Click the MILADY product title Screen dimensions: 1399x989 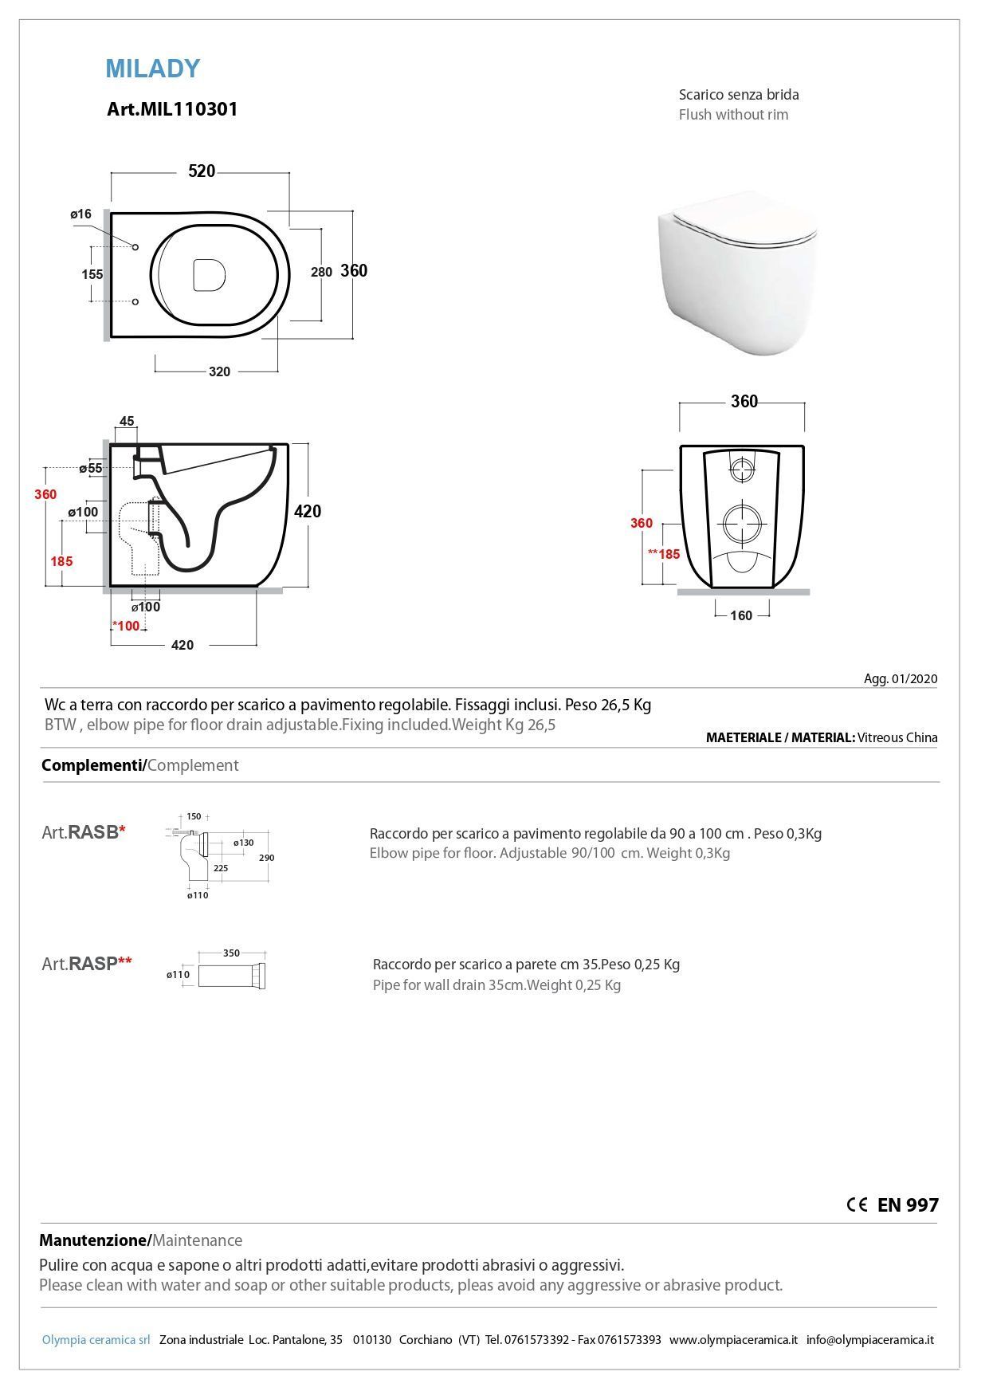pos(152,69)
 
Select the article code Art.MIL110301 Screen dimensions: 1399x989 pos(172,109)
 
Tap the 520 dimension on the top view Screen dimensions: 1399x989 pos(202,171)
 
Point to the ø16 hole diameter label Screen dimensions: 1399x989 pos(80,214)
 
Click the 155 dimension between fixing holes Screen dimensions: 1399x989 pos(92,274)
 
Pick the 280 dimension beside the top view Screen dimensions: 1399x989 pos(321,272)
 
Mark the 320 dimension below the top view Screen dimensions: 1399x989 pos(219,371)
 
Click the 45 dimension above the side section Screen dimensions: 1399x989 pos(127,421)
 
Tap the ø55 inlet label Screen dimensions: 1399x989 pos(91,468)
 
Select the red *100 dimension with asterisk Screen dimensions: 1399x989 pos(126,626)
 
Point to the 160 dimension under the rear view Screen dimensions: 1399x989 pos(741,615)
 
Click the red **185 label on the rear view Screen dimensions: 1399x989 pos(664,554)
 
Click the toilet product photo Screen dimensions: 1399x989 pos(736,272)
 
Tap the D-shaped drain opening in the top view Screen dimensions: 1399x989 pos(209,273)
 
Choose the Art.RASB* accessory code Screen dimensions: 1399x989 pos(84,832)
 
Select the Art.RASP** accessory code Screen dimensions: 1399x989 pos(87,964)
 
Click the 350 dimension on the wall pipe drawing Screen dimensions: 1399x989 pos(231,953)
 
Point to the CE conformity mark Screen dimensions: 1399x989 pos(857,1204)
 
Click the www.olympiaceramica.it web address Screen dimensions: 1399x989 pos(733,1339)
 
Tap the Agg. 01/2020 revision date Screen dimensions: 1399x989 pos(901,679)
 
